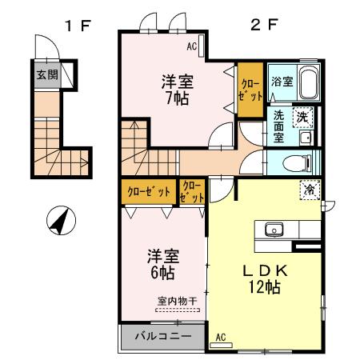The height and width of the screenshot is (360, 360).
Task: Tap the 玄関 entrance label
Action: (46, 75)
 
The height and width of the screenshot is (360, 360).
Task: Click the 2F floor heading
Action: (265, 24)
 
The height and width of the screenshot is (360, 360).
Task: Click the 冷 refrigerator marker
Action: (308, 190)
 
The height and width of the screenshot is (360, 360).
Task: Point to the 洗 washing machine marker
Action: (303, 116)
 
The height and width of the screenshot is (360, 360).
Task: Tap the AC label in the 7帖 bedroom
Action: (192, 46)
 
